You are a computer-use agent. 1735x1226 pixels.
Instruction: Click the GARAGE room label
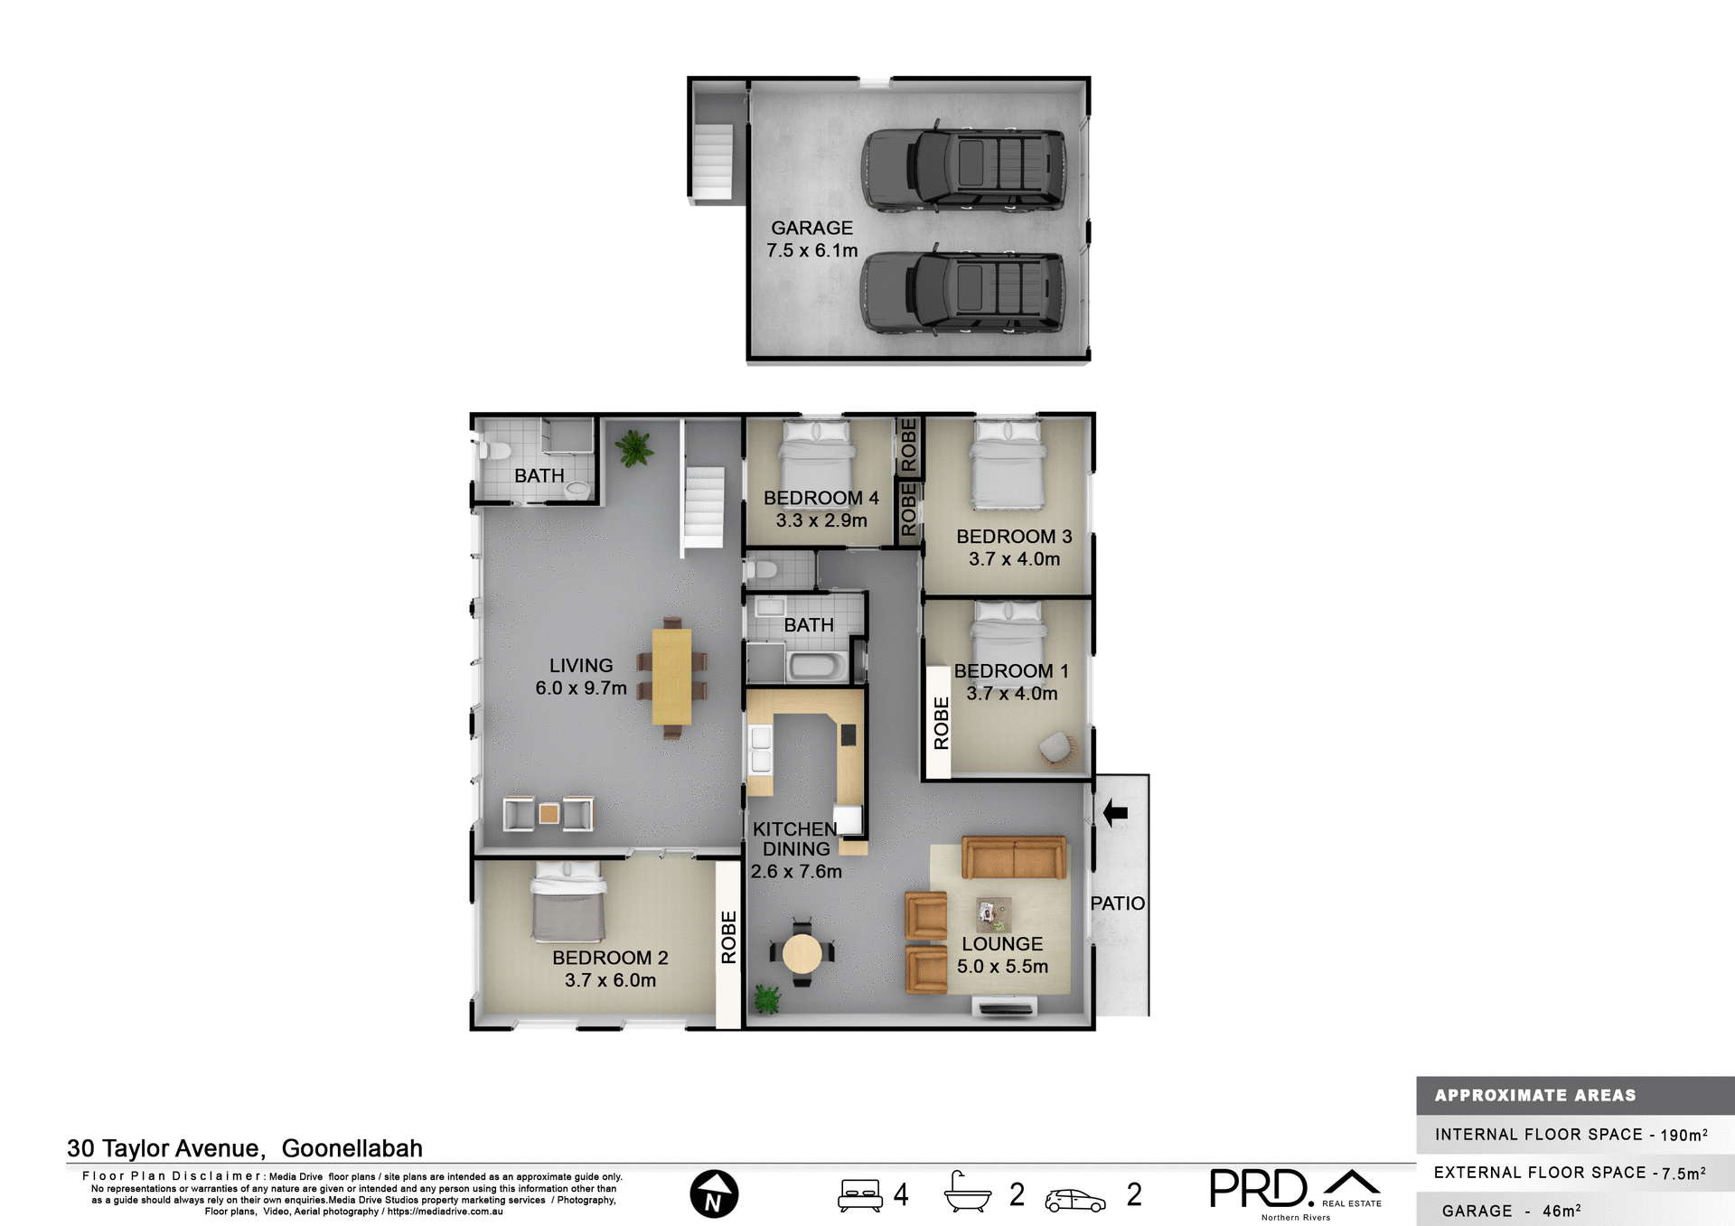click(811, 229)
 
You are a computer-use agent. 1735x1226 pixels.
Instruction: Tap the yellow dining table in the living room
click(671, 677)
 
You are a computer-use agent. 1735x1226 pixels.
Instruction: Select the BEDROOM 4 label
click(821, 498)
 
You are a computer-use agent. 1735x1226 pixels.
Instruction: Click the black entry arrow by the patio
click(1115, 812)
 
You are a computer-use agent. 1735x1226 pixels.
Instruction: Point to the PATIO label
click(1117, 903)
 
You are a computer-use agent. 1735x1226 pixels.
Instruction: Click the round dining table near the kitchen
click(802, 953)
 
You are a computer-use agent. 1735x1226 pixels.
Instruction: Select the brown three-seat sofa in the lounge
click(1013, 857)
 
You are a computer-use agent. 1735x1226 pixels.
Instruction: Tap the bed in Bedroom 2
click(567, 903)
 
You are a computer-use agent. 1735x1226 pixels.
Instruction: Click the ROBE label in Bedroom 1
click(942, 723)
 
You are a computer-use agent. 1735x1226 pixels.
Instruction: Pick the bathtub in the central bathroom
click(818, 667)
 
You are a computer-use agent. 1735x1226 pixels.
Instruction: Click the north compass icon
click(714, 1193)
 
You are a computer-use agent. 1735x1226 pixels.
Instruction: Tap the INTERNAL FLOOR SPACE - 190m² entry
click(1571, 1135)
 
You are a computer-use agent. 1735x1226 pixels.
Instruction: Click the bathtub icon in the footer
click(968, 1192)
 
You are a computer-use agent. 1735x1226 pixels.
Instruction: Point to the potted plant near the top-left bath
click(634, 447)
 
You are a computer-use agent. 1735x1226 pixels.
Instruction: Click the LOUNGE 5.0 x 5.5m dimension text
click(1002, 966)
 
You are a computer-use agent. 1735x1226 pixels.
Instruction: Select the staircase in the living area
click(703, 506)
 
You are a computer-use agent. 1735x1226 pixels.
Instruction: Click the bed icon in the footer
click(859, 1194)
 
